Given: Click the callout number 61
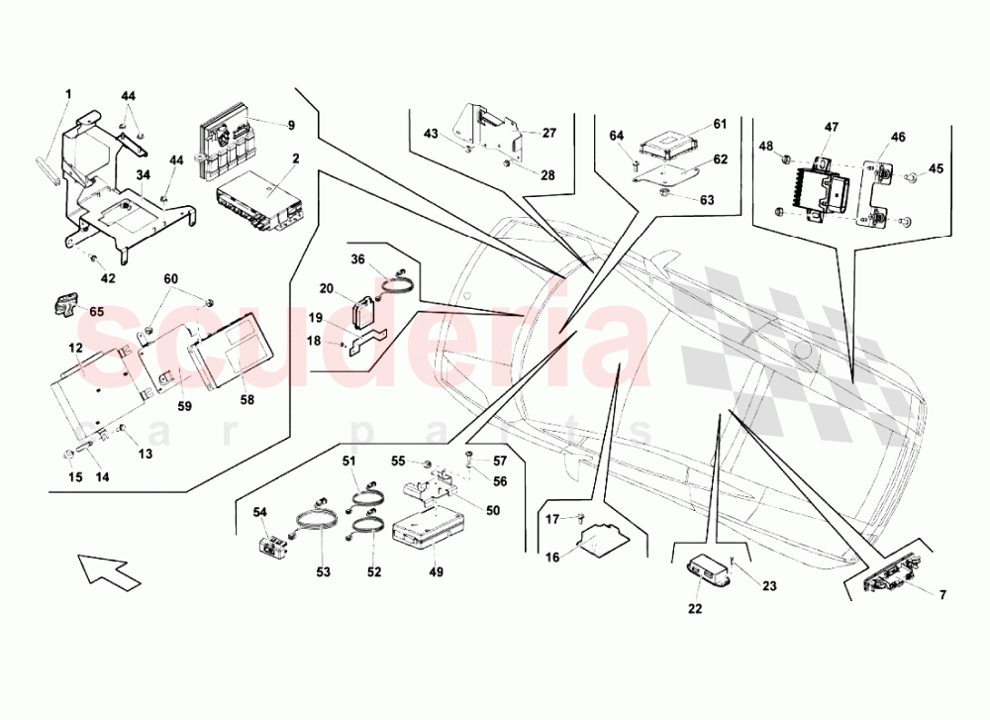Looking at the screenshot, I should pos(720,124).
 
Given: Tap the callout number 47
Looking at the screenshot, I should pos(831,128).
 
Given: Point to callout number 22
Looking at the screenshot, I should pos(695,609).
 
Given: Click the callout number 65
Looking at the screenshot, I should pos(96,310).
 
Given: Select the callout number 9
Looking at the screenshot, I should pos(292,126).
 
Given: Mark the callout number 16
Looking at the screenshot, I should pos(552,558).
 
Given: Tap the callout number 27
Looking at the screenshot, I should pos(549,132).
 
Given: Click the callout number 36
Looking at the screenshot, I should pos(358,260).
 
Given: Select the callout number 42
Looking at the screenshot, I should pos(108,278).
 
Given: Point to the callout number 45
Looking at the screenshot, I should pos(937,168).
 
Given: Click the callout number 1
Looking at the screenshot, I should pos(69,95).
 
